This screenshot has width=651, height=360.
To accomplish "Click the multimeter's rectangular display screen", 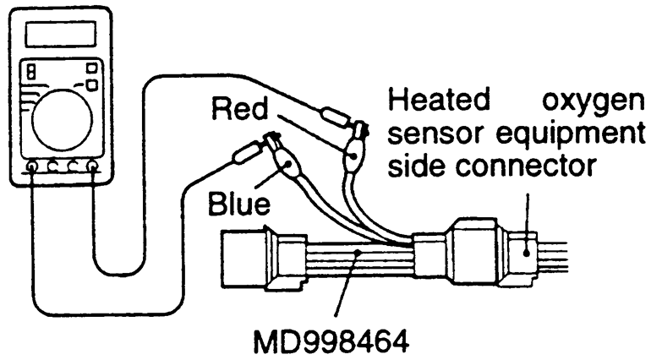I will pyautogui.click(x=58, y=35).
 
